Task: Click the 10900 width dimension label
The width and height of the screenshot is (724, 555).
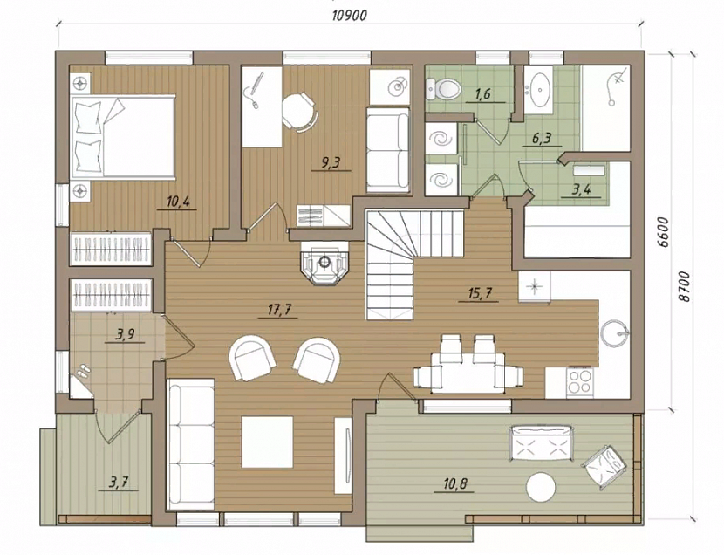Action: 350,15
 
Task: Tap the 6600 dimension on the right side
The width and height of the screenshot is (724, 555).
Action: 664,232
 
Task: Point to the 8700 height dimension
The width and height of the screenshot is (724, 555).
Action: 685,286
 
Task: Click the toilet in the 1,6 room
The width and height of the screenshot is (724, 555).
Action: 443,88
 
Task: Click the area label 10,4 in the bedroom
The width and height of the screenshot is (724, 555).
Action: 178,202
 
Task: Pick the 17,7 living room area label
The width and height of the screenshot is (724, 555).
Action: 280,310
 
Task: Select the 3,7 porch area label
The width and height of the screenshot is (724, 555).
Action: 119,483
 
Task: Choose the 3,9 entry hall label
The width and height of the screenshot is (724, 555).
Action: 125,334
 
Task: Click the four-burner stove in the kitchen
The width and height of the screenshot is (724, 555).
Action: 579,381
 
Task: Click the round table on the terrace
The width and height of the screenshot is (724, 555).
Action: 541,487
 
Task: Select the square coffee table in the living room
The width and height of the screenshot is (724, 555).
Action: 267,442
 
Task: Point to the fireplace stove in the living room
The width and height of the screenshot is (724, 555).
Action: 325,263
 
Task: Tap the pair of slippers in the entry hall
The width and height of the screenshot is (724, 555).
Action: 83,371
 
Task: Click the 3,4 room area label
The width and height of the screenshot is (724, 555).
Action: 581,189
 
